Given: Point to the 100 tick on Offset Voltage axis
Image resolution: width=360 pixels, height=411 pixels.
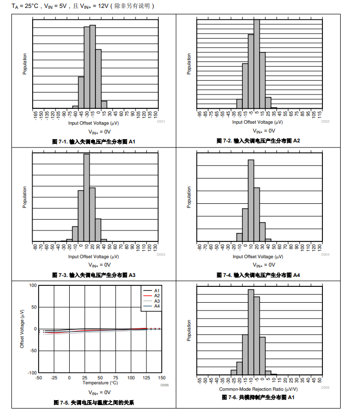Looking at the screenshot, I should coord(33,285).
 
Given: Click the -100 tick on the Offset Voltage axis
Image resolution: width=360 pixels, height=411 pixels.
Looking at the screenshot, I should coord(32,372).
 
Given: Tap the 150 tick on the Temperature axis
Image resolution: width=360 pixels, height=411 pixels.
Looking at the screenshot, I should coord(162,378).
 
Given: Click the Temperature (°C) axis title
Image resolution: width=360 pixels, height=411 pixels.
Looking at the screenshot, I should coord(100,383).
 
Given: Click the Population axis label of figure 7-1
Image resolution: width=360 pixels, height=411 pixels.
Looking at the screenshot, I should coord(25,64).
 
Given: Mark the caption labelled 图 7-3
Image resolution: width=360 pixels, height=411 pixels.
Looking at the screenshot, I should coord(94,275).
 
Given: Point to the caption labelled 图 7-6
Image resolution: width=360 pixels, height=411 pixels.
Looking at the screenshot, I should coord(258,397).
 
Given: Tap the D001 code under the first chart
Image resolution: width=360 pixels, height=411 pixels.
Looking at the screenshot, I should coord(161,122).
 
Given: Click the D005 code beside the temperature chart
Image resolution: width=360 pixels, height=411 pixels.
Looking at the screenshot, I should coord(165,385).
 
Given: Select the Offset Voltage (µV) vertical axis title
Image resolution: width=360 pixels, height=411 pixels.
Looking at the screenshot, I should coord(22,328).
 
